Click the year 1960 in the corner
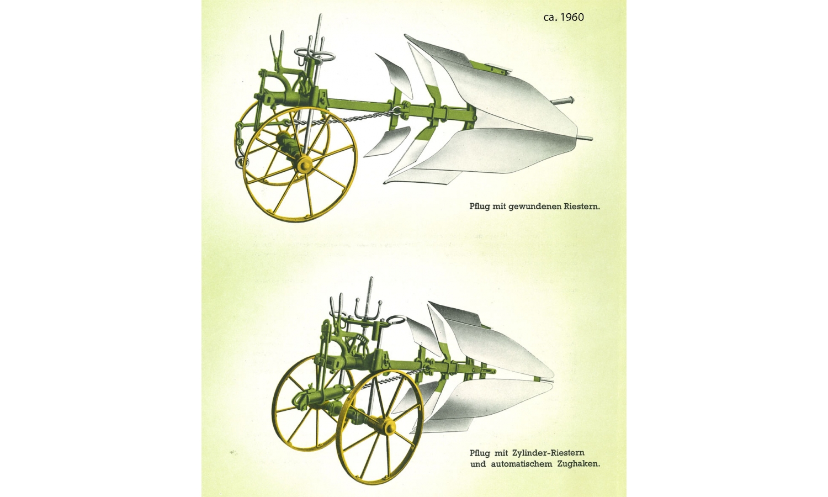(x=571, y=17)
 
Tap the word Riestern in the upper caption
(x=581, y=206)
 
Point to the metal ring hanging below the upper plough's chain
(x=242, y=162)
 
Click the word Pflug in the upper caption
(x=480, y=207)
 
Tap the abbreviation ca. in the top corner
(x=550, y=18)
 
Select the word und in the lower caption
(x=478, y=464)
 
